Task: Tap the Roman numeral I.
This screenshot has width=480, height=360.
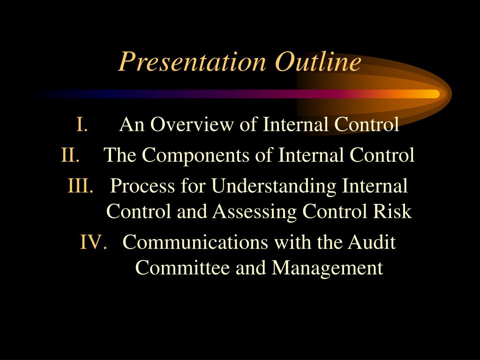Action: coord(81,125)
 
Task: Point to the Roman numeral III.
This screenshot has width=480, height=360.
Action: coord(81,186)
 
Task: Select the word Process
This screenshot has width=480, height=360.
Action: coord(135,186)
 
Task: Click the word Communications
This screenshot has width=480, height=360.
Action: coord(195,243)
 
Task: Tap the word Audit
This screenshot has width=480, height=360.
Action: coord(372,243)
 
